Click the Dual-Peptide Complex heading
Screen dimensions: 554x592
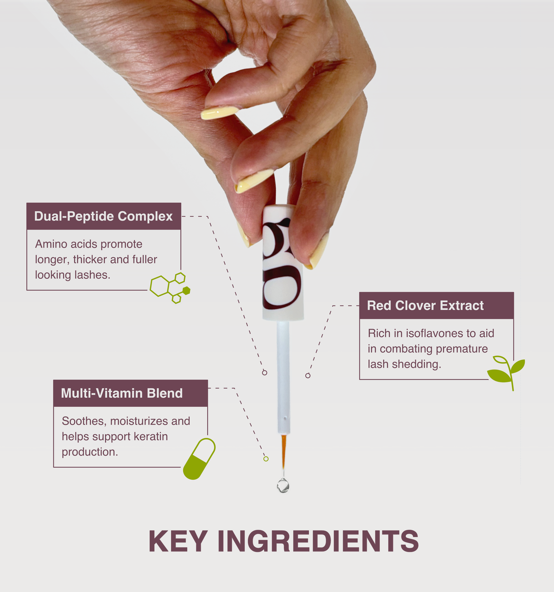103,216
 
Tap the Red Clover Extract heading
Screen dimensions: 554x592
425,305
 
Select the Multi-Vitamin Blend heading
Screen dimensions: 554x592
122,394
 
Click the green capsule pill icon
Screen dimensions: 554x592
199,459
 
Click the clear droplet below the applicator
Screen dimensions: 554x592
283,485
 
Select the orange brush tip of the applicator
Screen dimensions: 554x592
284,451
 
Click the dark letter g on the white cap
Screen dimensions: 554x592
282,264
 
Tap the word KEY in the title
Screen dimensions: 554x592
177,541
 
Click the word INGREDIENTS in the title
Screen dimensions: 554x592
318,541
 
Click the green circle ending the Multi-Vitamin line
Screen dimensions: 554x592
266,459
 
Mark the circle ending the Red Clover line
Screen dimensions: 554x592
308,376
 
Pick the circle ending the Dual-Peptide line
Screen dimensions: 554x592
265,373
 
